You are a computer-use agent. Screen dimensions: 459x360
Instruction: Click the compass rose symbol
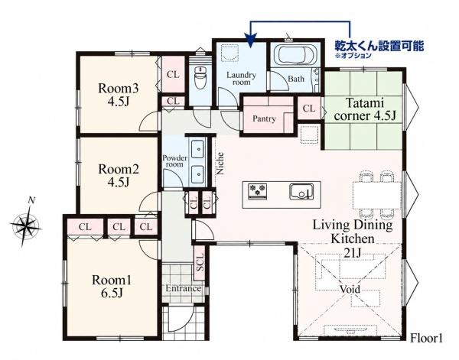(x=26, y=223)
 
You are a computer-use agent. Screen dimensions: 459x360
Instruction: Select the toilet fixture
(x=200, y=77)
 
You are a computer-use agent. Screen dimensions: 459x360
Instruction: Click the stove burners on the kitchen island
(x=258, y=191)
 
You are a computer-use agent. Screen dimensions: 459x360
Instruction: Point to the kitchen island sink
(x=301, y=192)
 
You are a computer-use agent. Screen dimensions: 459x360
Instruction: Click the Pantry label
(x=264, y=118)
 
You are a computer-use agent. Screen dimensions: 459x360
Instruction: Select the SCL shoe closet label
(x=200, y=262)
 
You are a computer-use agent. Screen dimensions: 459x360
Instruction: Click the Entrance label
(x=184, y=288)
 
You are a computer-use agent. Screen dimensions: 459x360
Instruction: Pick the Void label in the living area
(x=350, y=289)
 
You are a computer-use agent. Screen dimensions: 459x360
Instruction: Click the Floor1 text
(x=426, y=339)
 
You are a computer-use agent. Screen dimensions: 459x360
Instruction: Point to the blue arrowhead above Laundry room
(x=250, y=41)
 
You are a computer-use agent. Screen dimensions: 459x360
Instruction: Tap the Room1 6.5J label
(x=112, y=286)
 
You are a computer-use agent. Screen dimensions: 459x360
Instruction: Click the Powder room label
(x=174, y=161)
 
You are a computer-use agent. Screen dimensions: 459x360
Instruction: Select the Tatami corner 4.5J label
(x=365, y=109)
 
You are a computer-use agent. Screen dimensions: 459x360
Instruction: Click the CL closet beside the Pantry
(x=309, y=109)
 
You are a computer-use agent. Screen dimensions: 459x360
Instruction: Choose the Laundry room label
(x=241, y=79)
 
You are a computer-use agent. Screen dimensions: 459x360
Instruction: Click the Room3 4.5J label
(x=118, y=95)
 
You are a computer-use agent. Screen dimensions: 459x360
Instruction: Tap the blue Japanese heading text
(x=379, y=46)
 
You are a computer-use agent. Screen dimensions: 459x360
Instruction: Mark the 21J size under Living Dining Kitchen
(x=352, y=253)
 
